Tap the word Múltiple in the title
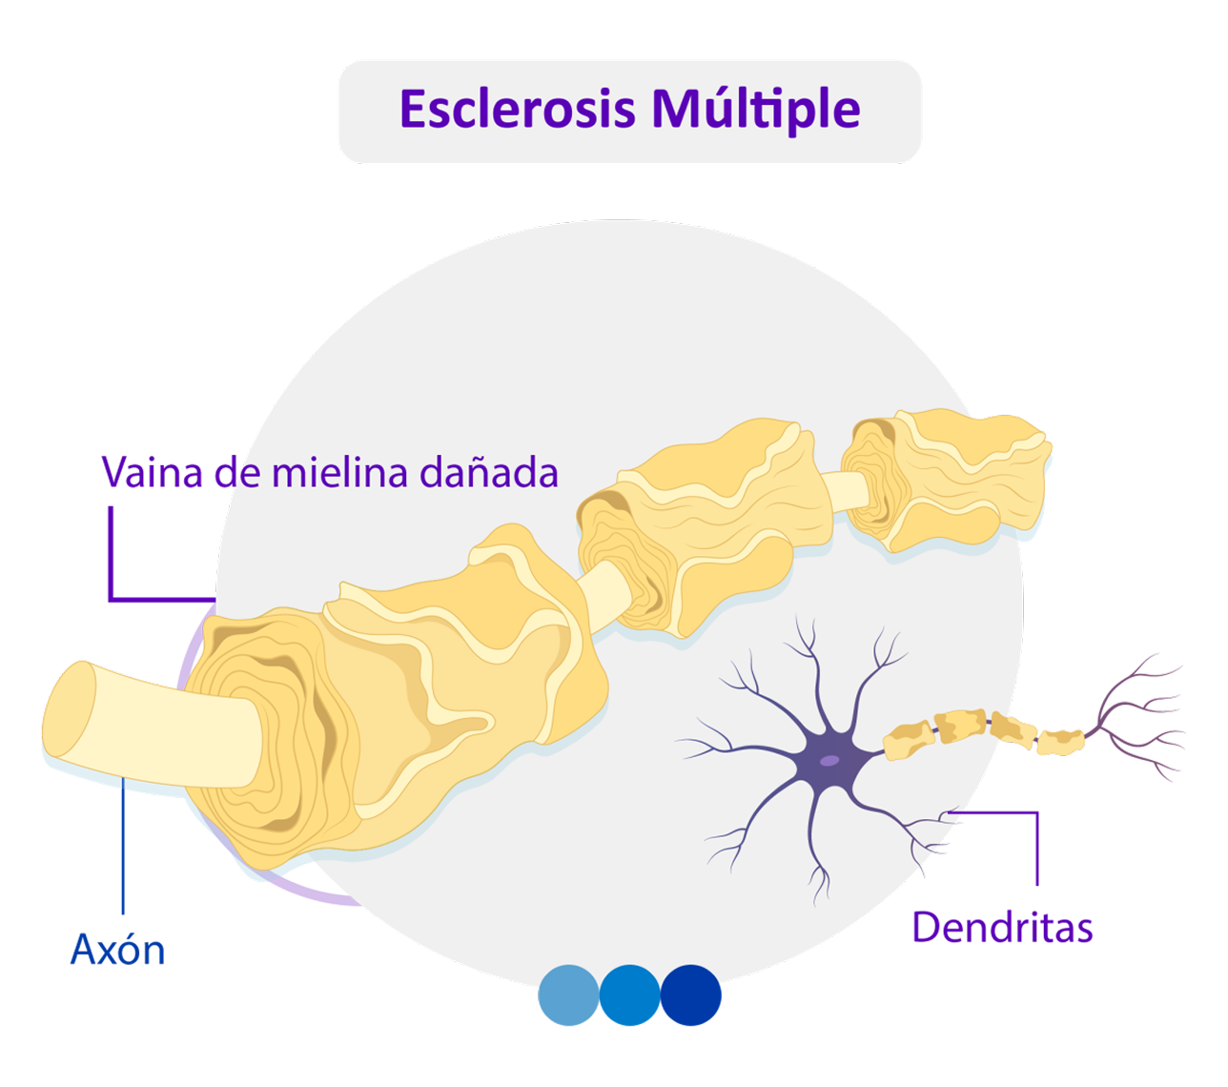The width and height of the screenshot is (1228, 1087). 756,109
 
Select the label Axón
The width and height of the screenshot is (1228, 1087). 118,950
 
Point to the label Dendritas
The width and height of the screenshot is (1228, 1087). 1002,927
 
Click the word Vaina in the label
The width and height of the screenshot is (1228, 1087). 153,472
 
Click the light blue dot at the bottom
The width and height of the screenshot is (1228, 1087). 569,995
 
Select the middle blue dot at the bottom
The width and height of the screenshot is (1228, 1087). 629,995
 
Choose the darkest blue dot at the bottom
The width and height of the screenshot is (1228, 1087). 690,995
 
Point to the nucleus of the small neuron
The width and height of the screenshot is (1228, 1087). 830,760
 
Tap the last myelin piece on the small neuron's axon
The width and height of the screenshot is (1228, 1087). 1060,741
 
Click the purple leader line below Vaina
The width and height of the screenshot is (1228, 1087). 111,553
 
